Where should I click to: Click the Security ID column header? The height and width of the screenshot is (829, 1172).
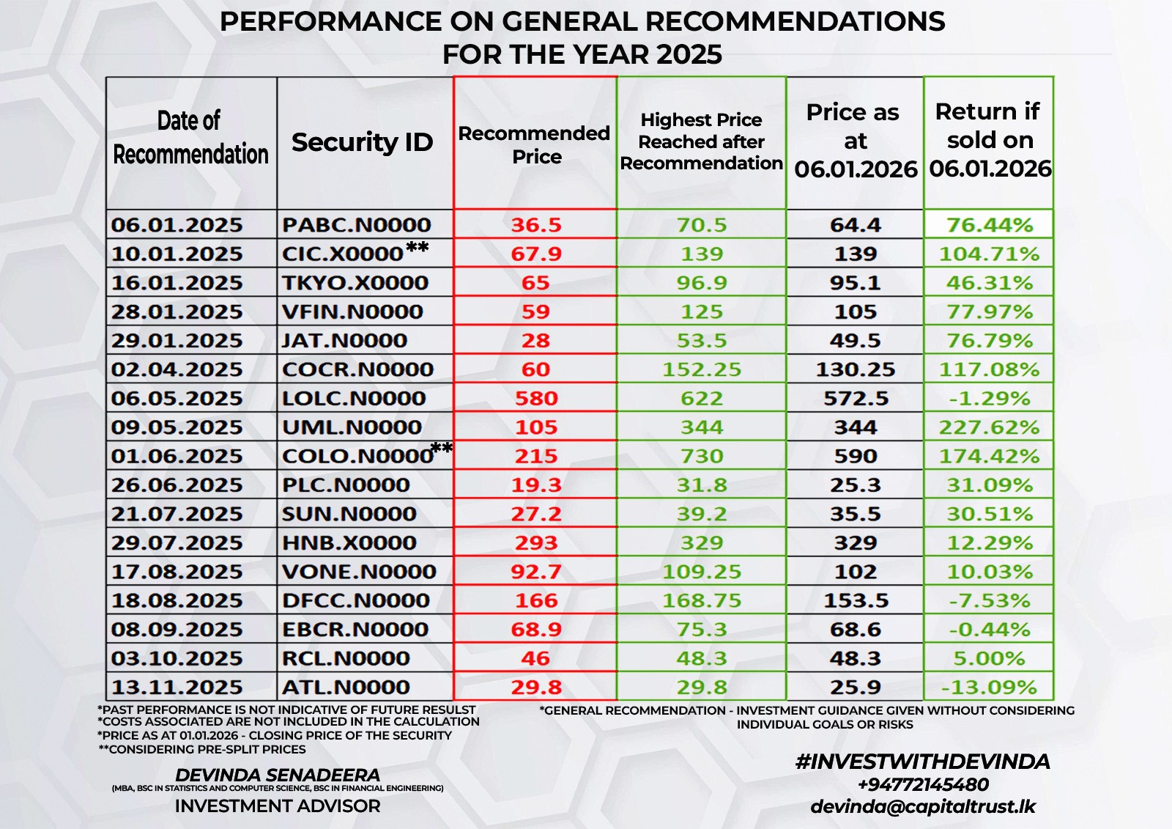[362, 142]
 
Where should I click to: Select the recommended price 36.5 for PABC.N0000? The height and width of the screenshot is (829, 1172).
[535, 224]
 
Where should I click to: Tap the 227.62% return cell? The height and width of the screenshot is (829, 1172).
[989, 427]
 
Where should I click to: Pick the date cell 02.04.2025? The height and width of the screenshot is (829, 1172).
[177, 369]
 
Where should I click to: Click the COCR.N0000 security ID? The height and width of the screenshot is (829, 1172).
[357, 369]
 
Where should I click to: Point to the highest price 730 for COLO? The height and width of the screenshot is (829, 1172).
[701, 456]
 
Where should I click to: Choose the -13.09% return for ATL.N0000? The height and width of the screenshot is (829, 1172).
[989, 688]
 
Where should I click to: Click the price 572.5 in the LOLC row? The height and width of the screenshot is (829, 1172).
[856, 399]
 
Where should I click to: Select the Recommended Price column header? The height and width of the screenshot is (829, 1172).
[535, 144]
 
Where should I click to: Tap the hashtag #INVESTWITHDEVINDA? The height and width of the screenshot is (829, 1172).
[922, 762]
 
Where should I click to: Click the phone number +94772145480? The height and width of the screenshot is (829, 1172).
[922, 785]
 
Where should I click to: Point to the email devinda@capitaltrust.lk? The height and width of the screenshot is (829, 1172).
[922, 807]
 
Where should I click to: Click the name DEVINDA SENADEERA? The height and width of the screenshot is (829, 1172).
[278, 775]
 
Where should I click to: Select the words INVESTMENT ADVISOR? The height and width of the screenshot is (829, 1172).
[278, 806]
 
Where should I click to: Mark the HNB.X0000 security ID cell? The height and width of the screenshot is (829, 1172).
[349, 543]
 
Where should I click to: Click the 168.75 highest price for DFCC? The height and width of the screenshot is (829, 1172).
[701, 601]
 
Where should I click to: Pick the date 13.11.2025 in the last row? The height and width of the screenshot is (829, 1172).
[177, 688]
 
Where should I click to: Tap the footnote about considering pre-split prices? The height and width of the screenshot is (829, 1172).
[202, 749]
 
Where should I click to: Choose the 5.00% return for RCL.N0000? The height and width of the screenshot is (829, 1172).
[989, 658]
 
